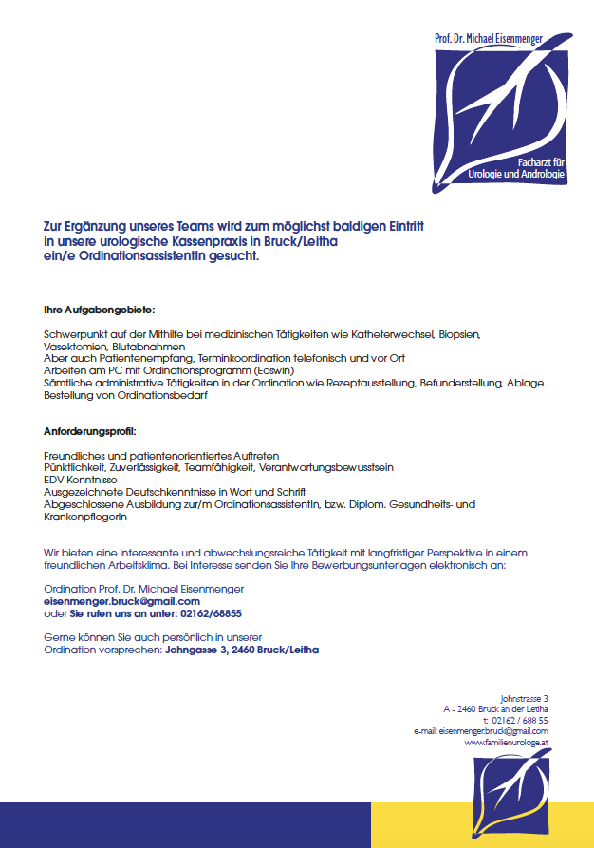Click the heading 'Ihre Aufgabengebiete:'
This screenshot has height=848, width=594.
click(x=100, y=311)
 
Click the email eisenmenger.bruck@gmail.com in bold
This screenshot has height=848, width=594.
click(x=121, y=601)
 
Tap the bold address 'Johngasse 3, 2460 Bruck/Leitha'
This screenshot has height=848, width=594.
click(x=242, y=650)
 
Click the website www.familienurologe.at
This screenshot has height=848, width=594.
click(x=506, y=743)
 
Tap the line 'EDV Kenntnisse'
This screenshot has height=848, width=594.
click(x=78, y=480)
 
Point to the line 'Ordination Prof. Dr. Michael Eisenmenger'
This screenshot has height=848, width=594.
click(x=131, y=589)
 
